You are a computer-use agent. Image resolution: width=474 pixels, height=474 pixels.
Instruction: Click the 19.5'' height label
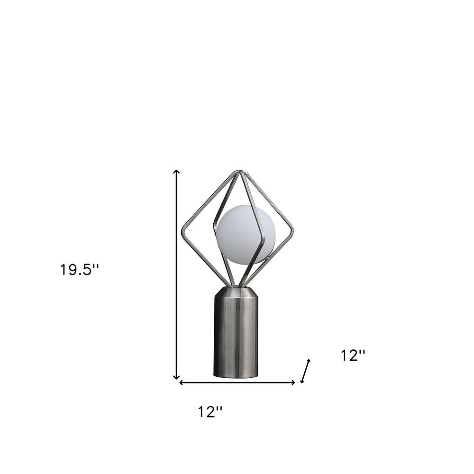click(79, 270)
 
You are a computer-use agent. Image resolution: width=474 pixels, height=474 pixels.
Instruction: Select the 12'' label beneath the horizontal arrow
click(210, 412)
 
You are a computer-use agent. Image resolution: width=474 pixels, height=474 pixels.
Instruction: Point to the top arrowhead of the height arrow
click(177, 172)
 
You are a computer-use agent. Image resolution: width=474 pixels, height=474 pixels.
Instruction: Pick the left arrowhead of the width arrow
click(181, 383)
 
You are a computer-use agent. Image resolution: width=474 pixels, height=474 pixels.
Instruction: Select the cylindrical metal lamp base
click(236, 337)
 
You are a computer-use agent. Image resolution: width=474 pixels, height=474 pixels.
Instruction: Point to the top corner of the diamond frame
click(239, 172)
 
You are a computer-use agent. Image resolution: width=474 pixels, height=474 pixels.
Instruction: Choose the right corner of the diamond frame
click(292, 232)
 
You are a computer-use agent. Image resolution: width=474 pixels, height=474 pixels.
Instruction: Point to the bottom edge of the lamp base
click(236, 377)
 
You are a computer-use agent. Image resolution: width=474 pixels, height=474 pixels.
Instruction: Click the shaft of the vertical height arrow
click(177, 275)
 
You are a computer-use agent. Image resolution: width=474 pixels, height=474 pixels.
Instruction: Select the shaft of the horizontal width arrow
click(237, 383)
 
